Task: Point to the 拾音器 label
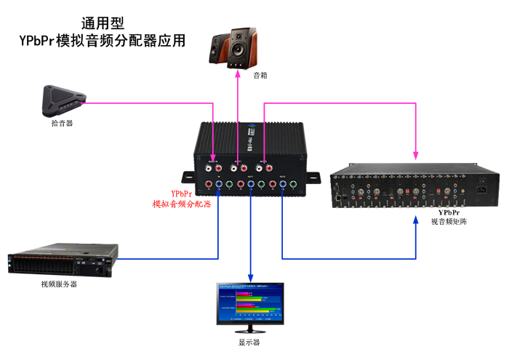[x=62, y=123]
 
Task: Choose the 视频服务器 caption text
[x=59, y=284]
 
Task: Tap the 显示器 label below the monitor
[x=249, y=342]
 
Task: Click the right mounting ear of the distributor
[x=312, y=177]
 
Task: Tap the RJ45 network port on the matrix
[x=338, y=196]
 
